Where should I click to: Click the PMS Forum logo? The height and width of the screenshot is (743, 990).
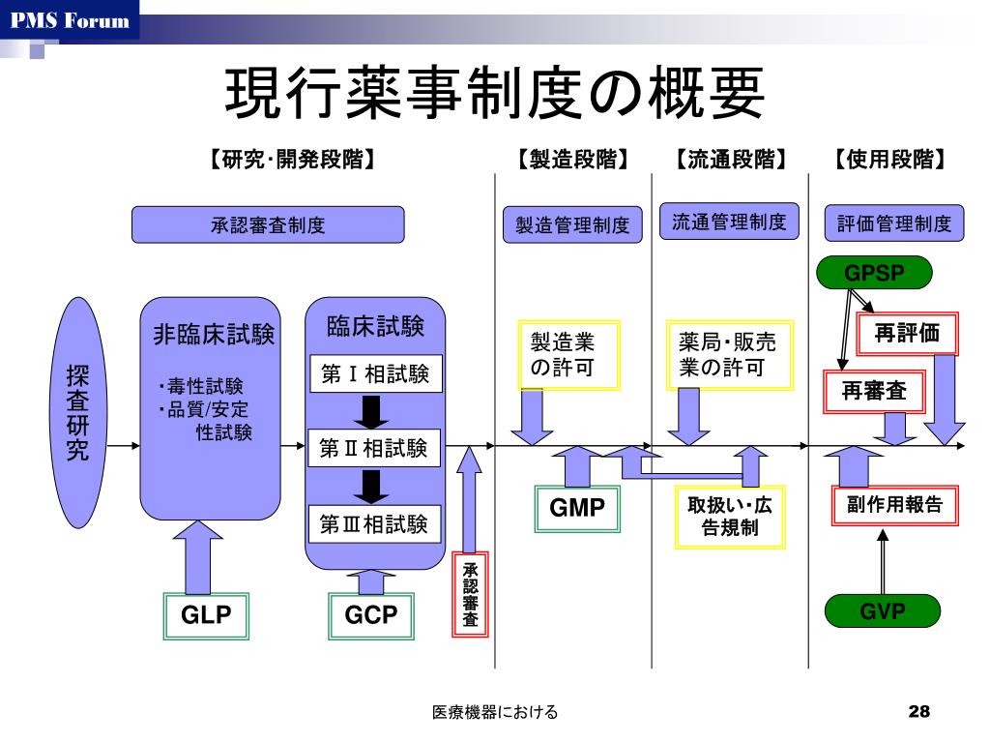70,20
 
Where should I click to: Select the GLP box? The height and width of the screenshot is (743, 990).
207,615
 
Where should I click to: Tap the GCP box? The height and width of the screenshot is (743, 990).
371,615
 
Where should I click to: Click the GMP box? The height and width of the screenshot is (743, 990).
577,508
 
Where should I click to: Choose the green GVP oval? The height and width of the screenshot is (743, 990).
882,611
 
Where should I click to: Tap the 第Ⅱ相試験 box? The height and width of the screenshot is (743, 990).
374,449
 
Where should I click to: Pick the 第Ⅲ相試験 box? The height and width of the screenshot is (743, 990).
374,524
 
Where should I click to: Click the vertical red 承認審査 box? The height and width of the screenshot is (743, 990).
471,593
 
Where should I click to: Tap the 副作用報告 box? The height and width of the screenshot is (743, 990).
894,504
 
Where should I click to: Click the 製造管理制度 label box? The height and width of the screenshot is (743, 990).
572,225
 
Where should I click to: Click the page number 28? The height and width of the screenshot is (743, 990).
918,713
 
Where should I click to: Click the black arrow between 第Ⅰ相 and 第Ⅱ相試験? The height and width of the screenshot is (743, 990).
371,410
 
